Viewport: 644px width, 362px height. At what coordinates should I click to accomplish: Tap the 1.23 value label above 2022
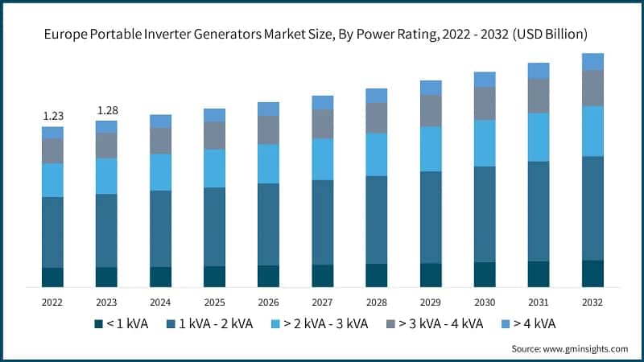[52, 116]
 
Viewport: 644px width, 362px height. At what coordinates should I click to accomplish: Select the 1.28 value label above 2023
[106, 110]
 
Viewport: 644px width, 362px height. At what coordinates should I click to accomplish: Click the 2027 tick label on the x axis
[322, 302]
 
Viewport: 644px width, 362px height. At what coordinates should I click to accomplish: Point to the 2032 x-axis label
[592, 302]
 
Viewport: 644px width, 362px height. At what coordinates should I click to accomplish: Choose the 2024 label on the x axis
[160, 302]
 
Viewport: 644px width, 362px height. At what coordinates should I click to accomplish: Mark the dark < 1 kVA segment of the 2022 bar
[52, 277]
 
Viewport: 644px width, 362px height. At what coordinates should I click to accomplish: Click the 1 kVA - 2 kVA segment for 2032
[592, 208]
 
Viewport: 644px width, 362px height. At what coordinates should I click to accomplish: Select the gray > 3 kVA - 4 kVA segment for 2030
[485, 103]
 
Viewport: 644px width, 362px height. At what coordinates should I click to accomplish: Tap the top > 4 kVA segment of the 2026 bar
[268, 109]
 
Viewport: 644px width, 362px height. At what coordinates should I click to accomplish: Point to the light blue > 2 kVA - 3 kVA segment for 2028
[376, 154]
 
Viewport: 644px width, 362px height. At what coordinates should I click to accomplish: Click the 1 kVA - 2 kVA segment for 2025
[214, 227]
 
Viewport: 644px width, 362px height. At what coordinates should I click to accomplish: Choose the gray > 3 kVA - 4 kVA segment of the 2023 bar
[106, 145]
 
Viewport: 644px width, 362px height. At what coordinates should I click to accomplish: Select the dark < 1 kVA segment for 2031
[539, 274]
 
